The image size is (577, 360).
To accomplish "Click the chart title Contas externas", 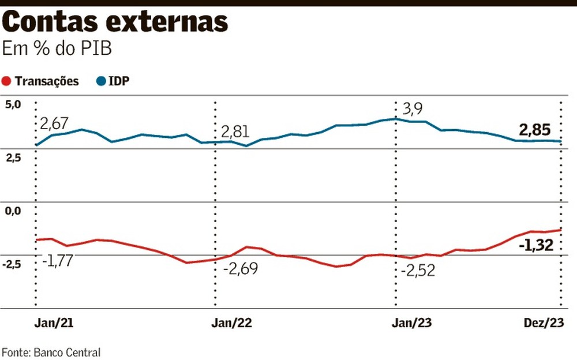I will [115, 22].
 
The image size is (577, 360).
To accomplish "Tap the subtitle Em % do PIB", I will [57, 49].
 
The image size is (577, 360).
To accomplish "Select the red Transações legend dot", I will [7, 81].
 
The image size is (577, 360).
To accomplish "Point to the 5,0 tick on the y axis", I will [13, 104].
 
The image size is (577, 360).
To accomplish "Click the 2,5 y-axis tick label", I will [13, 157].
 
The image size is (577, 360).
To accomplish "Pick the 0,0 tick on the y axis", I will [13, 211].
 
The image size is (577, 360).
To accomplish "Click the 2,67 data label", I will [54, 123].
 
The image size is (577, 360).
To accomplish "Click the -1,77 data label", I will [57, 261].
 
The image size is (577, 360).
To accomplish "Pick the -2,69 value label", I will [241, 269].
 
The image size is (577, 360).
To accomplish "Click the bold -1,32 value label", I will [536, 245].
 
